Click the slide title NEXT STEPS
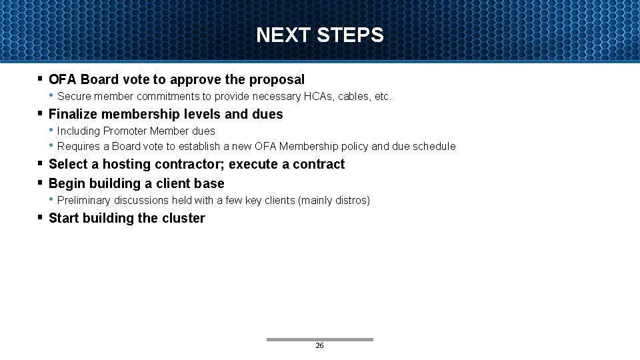(320, 35)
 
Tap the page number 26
(319, 346)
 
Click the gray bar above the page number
(319, 339)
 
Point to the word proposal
(277, 79)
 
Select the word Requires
(78, 146)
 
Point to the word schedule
(433, 146)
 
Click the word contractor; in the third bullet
(190, 164)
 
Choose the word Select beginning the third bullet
(69, 164)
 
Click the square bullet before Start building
(41, 217)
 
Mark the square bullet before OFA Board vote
(41, 79)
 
